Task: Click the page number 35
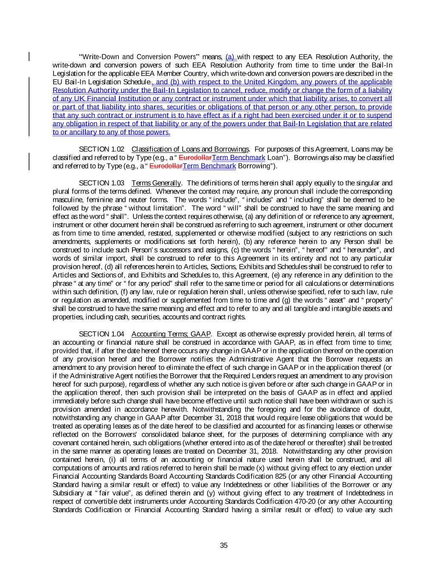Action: (224, 545)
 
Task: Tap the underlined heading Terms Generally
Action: (156, 183)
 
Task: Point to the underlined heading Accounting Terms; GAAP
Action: (171, 334)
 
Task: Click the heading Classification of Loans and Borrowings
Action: (190, 149)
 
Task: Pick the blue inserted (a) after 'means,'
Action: (231, 57)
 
